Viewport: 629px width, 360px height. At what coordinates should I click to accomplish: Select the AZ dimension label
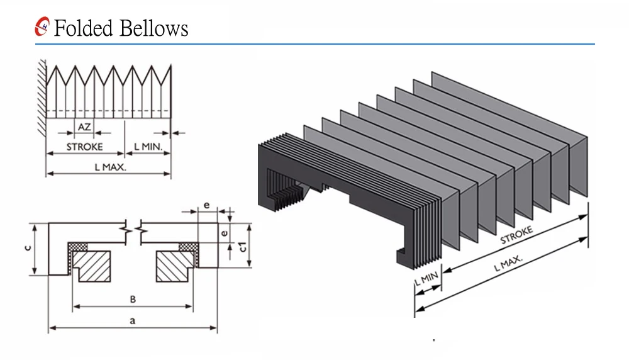pos(84,127)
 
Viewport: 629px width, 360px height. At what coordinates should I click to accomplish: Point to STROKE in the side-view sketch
pos(85,147)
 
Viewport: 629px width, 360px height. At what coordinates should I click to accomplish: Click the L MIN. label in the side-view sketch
pos(148,147)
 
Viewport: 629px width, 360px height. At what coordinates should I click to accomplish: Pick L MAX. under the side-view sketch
pos(110,167)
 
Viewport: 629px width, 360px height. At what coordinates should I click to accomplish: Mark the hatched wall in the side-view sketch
pos(42,94)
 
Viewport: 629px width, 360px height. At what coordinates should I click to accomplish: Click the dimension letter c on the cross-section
pos(26,248)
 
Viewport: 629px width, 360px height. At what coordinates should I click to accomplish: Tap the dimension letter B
pos(133,300)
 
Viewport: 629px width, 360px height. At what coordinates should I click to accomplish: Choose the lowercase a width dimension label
pos(132,321)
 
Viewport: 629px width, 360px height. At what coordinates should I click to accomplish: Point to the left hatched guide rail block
pos(92,266)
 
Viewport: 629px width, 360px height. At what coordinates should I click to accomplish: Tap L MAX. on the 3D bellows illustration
pos(509,259)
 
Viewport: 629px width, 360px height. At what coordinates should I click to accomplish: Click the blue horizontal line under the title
pos(314,44)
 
